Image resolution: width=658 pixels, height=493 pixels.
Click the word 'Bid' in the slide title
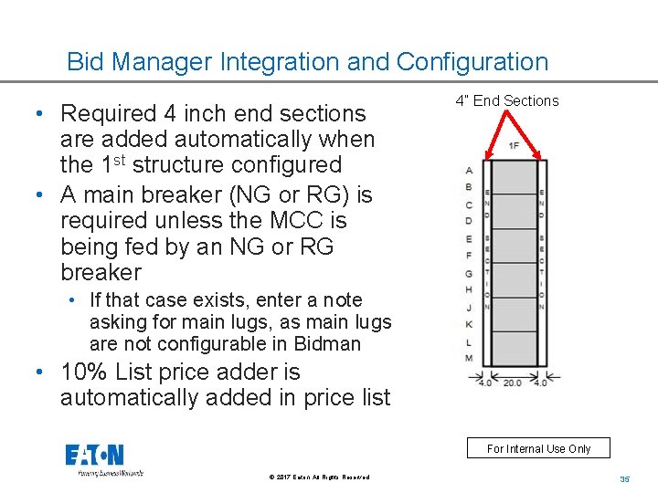click(x=87, y=62)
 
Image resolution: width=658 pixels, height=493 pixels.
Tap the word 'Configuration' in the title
click(x=472, y=62)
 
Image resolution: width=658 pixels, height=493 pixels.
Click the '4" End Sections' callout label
click(x=506, y=101)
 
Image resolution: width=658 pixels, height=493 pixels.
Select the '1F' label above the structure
click(x=514, y=145)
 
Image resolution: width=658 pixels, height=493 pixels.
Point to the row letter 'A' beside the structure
click(x=469, y=171)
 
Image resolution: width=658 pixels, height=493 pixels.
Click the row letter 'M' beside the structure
click(x=469, y=357)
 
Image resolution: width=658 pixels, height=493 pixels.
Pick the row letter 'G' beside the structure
click(x=469, y=273)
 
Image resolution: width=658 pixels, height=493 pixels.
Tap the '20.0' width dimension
click(x=512, y=383)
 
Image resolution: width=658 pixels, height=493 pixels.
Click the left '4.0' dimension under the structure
click(x=483, y=383)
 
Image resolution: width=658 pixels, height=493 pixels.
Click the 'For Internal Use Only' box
click(x=538, y=448)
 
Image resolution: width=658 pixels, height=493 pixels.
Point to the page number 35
click(x=625, y=479)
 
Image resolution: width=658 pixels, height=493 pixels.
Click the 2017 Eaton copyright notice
click(x=320, y=477)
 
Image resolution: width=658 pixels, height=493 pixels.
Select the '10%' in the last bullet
click(x=81, y=372)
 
